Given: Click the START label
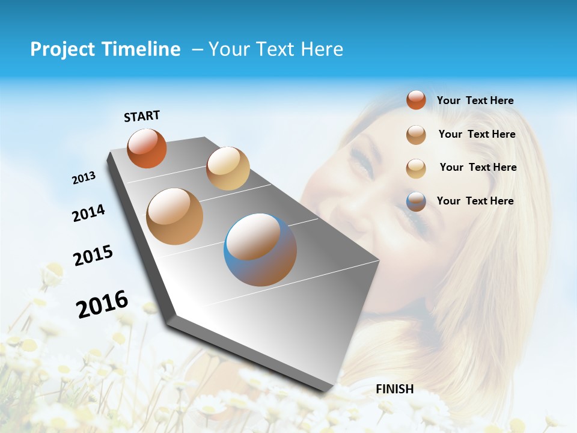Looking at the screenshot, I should (142, 116).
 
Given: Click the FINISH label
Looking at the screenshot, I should (394, 389).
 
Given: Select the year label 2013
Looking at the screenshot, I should (84, 178).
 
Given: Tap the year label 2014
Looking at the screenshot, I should (88, 213).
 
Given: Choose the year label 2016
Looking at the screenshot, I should (102, 304).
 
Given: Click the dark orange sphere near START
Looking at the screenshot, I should (147, 148).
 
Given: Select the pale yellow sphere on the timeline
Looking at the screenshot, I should (228, 168).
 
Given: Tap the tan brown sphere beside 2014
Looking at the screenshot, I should (175, 216).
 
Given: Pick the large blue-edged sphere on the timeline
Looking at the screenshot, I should (260, 250).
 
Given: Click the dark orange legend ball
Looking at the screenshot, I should (416, 100).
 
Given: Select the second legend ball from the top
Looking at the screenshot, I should (416, 135).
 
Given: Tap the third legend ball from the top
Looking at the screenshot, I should (416, 168).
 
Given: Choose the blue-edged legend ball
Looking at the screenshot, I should (416, 201).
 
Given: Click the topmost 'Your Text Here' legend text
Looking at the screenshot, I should (475, 100).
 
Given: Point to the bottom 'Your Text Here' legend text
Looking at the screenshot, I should (475, 201).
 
